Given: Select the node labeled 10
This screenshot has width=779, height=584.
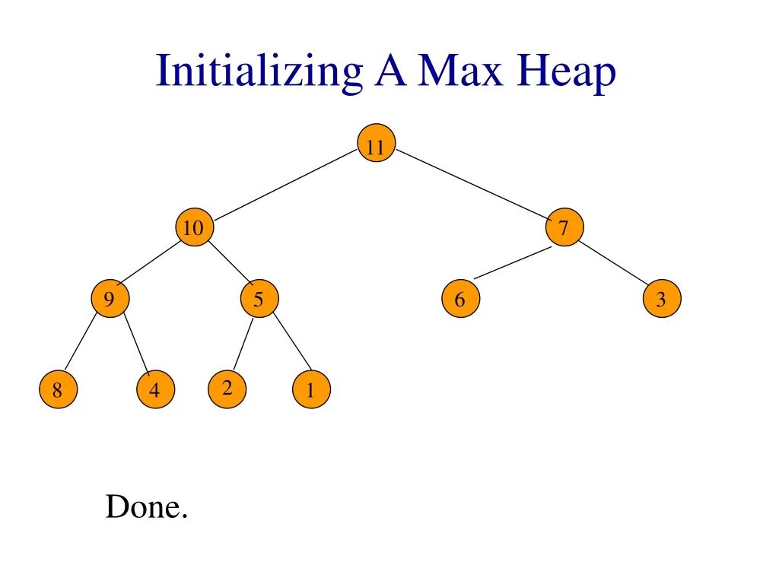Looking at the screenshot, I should click(x=194, y=227).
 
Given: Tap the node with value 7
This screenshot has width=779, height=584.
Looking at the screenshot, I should click(x=564, y=227).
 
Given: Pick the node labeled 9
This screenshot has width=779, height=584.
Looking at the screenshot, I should click(x=110, y=299).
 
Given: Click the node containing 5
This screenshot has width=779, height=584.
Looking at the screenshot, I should click(x=259, y=299).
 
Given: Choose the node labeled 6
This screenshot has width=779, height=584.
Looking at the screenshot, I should click(x=460, y=299).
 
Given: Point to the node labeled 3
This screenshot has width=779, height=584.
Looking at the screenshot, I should click(x=661, y=299).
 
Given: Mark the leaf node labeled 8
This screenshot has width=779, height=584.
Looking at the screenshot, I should click(x=58, y=390).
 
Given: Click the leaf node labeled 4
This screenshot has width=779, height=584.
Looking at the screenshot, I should click(x=155, y=390).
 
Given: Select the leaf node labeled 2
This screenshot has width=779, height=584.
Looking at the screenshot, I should click(x=227, y=389).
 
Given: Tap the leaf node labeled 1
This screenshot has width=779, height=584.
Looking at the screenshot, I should click(x=310, y=391).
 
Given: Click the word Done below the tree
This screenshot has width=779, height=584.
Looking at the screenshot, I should click(x=146, y=507).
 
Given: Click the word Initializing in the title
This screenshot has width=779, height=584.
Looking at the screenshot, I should click(x=258, y=72).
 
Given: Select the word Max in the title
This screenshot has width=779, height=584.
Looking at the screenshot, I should click(x=461, y=72).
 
